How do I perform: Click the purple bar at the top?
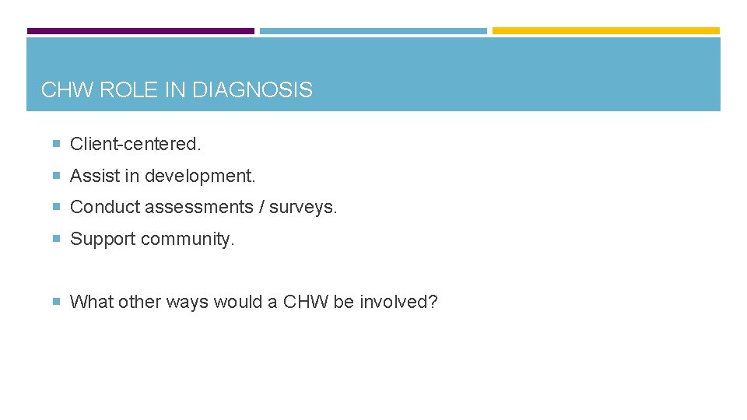point(140,31)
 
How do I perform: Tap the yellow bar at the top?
point(605,31)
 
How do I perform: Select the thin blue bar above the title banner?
point(373,31)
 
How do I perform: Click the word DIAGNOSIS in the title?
point(252,90)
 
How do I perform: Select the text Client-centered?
point(135,144)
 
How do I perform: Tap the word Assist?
point(91,176)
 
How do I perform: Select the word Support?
point(103,239)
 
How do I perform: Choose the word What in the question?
point(93,302)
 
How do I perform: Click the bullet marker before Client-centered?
point(57,144)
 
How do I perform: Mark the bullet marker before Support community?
point(57,239)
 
